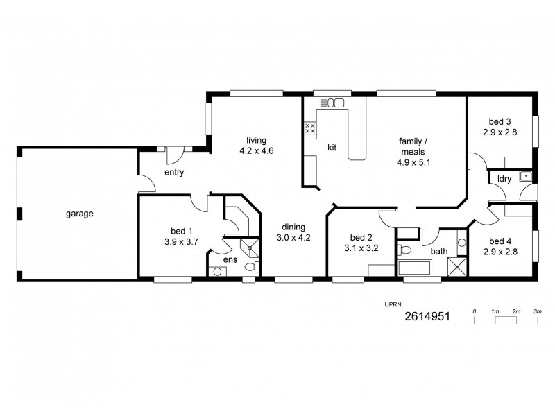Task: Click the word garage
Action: tap(80, 214)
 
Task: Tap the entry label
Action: tap(173, 173)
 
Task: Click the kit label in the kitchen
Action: tap(332, 147)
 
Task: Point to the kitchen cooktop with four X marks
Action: tap(310, 128)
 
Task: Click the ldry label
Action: tap(504, 179)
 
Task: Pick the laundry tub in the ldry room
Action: tap(526, 176)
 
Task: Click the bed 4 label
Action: tap(499, 241)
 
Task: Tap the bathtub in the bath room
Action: tap(414, 267)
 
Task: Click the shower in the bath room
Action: tap(456, 266)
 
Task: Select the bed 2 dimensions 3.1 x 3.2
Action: tap(361, 248)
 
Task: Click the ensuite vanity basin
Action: tap(218, 272)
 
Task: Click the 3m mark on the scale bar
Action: tap(537, 312)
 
